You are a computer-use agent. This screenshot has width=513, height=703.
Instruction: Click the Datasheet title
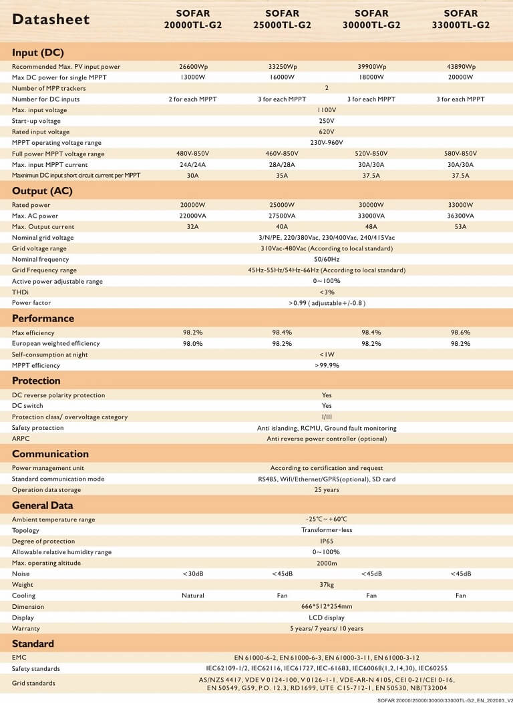[51, 19]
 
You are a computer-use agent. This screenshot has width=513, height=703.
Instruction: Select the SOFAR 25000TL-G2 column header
[283, 19]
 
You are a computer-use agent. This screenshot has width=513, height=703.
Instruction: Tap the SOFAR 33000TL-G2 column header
[461, 19]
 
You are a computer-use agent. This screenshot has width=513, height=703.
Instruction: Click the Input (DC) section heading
[38, 53]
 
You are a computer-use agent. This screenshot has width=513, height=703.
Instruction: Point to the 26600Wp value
[193, 67]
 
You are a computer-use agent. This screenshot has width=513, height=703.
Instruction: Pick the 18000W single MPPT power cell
[371, 77]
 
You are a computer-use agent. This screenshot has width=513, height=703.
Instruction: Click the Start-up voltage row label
[36, 121]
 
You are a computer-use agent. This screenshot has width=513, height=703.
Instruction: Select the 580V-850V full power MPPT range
[461, 154]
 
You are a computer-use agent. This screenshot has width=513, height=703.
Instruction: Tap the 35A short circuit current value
[283, 176]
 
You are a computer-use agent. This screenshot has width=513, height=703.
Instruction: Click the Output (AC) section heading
[42, 191]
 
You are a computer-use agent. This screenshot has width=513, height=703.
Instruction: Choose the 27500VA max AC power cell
[283, 216]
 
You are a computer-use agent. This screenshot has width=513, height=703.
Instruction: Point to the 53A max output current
[461, 227]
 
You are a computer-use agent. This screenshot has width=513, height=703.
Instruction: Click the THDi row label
[21, 292]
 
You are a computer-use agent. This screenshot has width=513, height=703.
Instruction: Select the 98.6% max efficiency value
[461, 332]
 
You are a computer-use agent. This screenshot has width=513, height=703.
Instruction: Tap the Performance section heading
[43, 318]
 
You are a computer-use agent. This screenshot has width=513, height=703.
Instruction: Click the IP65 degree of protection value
[327, 541]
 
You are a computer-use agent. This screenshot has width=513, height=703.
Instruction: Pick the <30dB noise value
[193, 574]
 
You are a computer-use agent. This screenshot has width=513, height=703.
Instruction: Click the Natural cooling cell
[193, 596]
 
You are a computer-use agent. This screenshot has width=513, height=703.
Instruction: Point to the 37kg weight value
[327, 585]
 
